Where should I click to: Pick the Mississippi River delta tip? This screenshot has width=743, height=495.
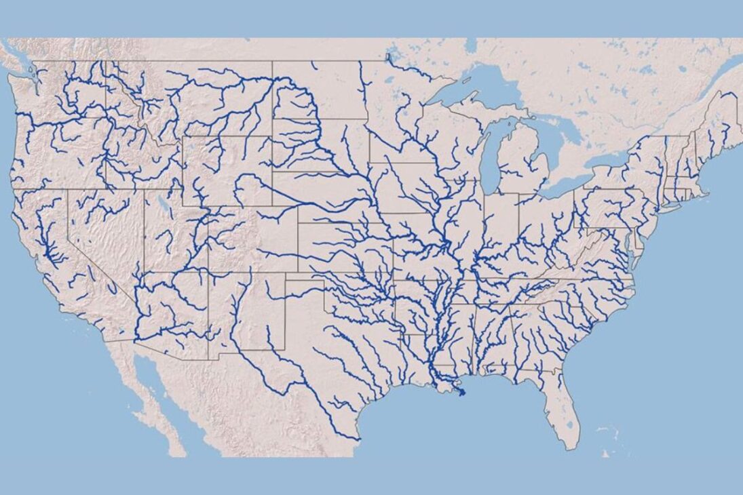click(462, 393)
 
